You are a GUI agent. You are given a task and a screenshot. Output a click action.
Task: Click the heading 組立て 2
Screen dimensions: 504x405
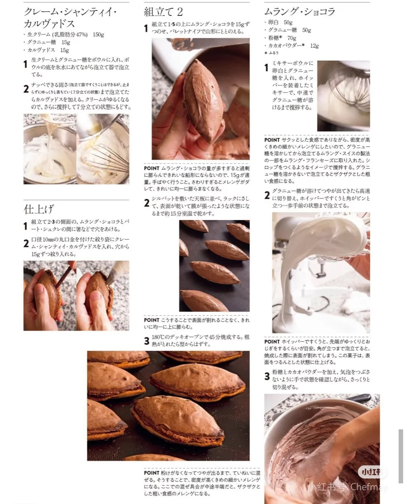(163, 12)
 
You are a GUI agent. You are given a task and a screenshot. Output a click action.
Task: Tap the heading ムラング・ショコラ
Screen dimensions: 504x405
(299, 12)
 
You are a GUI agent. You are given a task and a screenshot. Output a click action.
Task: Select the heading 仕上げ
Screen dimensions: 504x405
(39, 209)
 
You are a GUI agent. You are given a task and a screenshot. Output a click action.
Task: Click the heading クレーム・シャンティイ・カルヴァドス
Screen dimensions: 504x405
(70, 18)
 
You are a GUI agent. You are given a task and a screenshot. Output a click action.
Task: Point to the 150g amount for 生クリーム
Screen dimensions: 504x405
(98, 34)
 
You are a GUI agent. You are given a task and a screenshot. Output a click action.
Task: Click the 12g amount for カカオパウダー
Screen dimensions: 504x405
(314, 46)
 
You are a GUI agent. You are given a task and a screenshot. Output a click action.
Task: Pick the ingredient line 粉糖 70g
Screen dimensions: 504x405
(282, 38)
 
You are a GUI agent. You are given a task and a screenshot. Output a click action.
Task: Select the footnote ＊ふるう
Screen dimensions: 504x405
(271, 53)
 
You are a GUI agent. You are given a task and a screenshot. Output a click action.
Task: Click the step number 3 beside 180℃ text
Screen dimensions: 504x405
(147, 341)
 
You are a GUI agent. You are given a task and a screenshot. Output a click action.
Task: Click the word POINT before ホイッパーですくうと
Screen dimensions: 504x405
(272, 342)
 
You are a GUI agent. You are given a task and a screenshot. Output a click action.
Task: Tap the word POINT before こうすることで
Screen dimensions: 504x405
(151, 320)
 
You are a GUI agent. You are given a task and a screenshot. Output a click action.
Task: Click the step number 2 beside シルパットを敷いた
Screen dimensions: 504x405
(147, 203)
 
